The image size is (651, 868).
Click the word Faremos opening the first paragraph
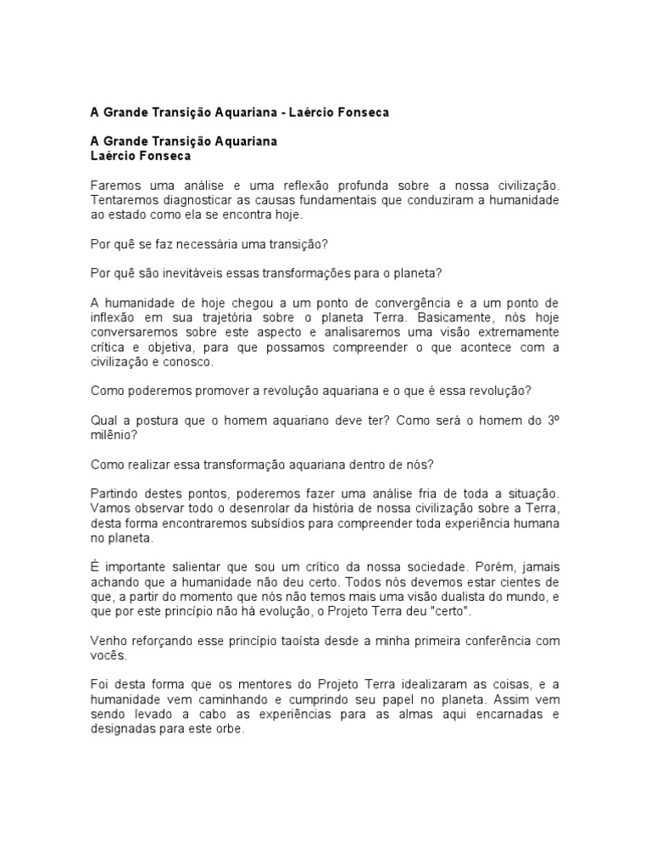click(x=116, y=186)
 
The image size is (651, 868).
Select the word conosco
click(x=192, y=362)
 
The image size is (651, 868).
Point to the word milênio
click(x=112, y=435)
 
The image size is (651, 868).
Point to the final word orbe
click(x=230, y=728)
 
